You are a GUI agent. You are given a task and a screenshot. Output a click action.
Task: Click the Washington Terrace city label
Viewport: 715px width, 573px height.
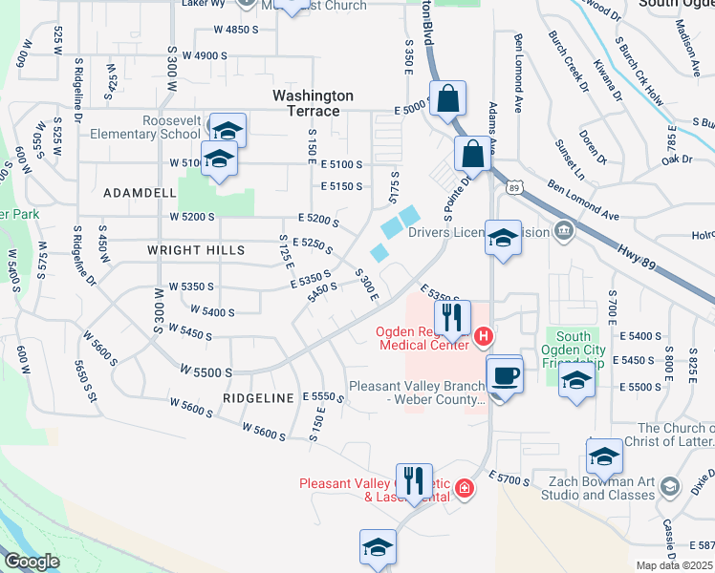pos(313,103)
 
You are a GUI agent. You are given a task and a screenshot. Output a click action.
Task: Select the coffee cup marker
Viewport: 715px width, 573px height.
pos(505,374)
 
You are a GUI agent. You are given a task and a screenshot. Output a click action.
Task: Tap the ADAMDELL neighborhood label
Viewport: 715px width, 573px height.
pos(140,192)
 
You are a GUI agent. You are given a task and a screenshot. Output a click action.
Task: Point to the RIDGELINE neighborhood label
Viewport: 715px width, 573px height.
pos(259,397)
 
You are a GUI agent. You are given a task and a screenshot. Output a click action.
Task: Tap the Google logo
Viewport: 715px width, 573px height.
pos(31,562)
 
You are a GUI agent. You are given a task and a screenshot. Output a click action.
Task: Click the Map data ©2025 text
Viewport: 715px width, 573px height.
pos(675,565)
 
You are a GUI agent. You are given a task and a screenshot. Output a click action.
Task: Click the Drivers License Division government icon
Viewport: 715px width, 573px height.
pos(563,230)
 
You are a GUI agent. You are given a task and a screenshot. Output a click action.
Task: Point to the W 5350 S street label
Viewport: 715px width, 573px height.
pos(191,286)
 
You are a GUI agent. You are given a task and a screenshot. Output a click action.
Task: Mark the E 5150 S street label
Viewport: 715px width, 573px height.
pos(342,186)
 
